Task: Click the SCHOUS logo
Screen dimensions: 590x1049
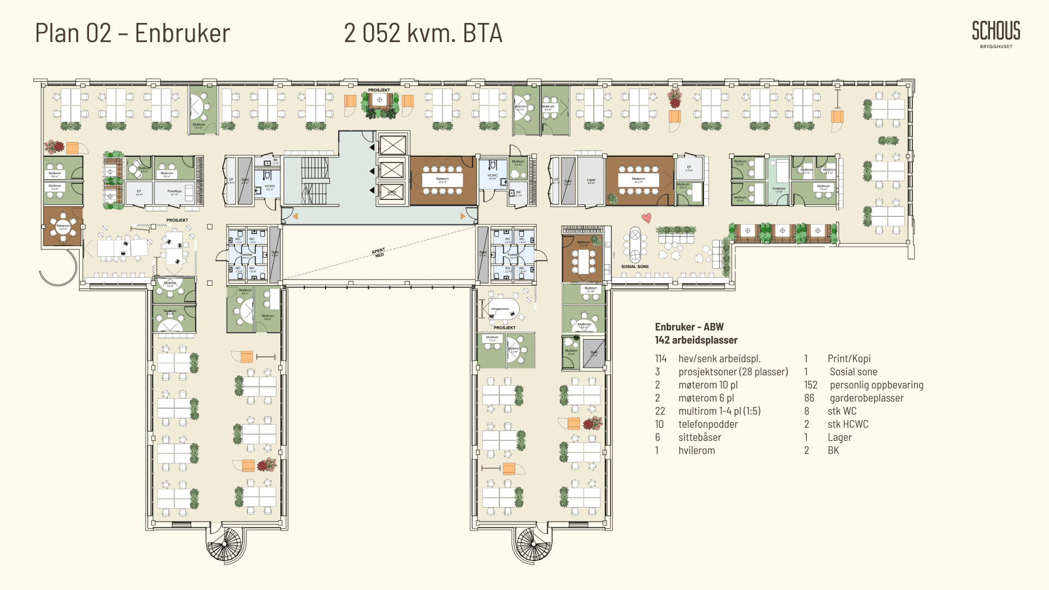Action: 995,31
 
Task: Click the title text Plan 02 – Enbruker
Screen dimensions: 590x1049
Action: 133,33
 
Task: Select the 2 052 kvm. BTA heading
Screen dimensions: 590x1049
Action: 423,33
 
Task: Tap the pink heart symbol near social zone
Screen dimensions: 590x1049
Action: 646,218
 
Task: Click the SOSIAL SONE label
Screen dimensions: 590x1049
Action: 635,267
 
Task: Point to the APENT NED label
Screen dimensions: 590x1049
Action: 379,252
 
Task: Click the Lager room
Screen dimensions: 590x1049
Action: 591,181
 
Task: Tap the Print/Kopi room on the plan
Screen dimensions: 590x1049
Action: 175,192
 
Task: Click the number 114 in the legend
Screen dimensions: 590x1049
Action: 661,359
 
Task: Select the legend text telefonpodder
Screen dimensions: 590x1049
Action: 708,424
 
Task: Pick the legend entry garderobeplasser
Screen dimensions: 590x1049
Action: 867,398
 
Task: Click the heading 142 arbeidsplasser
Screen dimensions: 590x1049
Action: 696,340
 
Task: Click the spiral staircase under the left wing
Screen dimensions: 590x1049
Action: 223,544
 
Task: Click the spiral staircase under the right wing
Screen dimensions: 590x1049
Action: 533,544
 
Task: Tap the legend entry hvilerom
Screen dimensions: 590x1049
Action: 697,451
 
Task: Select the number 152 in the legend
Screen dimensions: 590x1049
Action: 811,385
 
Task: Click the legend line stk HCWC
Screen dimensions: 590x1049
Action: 847,424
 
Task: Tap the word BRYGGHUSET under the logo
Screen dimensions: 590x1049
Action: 996,47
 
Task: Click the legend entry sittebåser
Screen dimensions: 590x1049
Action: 700,438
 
